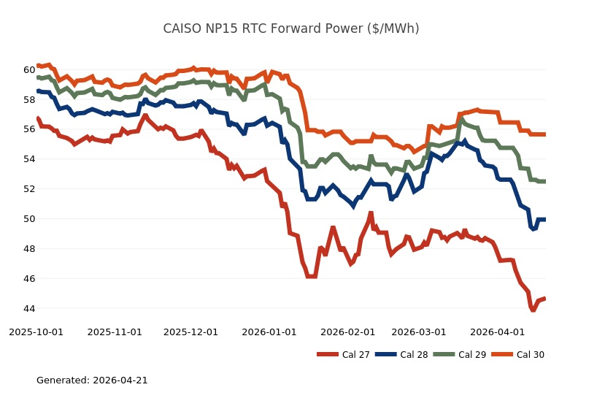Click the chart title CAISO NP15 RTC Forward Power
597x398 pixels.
[290, 29]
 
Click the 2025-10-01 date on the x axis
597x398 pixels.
[36, 332]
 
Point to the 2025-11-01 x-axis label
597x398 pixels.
[115, 332]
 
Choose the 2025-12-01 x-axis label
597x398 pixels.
[191, 332]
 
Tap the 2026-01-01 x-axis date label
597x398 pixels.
[269, 332]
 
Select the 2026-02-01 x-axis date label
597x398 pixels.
[348, 332]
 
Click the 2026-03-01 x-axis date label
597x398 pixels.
[419, 332]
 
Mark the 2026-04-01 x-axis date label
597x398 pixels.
[497, 332]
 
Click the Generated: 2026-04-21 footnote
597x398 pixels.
[92, 380]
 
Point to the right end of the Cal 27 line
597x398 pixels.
[545, 299]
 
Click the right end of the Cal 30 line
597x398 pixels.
[545, 134]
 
